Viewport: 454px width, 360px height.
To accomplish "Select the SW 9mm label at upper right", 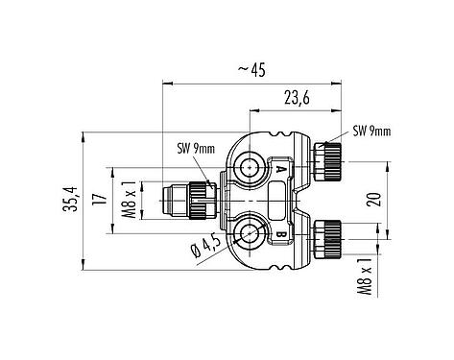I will [373, 132].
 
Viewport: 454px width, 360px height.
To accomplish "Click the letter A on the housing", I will [280, 169].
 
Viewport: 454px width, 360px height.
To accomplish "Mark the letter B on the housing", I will [280, 230].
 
